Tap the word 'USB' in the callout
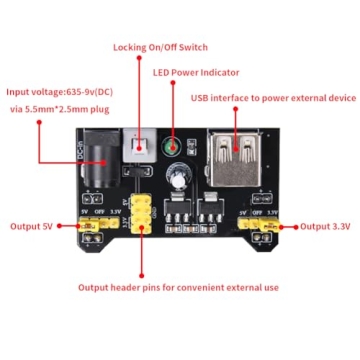[x=201, y=97]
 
